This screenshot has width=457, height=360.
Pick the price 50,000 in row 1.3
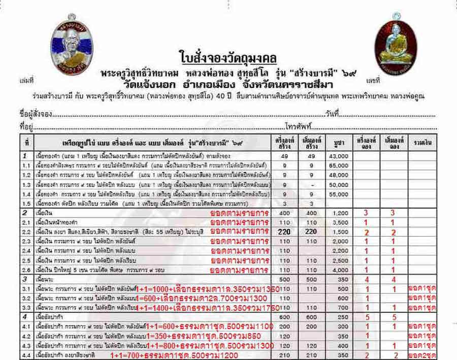(340, 185)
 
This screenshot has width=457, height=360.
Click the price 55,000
(340, 194)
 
